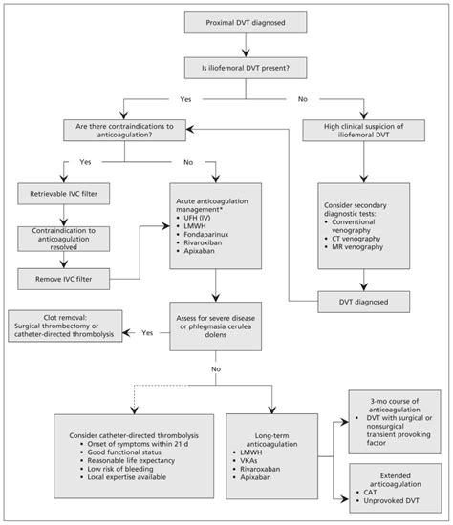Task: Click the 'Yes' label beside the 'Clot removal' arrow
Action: pyautogui.click(x=146, y=333)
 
